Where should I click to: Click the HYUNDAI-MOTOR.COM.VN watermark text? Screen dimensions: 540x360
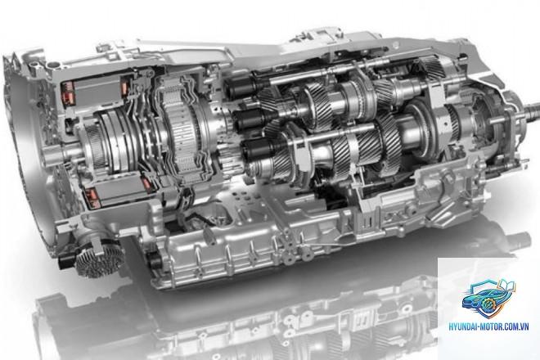(x=488, y=326)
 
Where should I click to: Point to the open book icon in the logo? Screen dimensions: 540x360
(x=506, y=286)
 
